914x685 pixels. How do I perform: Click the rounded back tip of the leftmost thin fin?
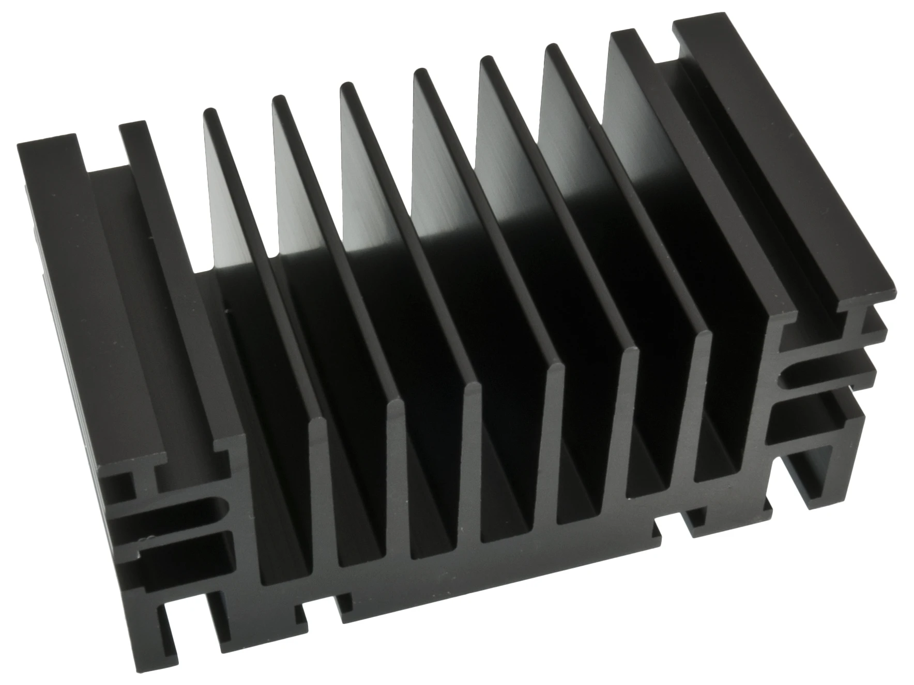click(210, 112)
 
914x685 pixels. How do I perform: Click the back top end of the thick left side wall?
click(132, 127)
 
